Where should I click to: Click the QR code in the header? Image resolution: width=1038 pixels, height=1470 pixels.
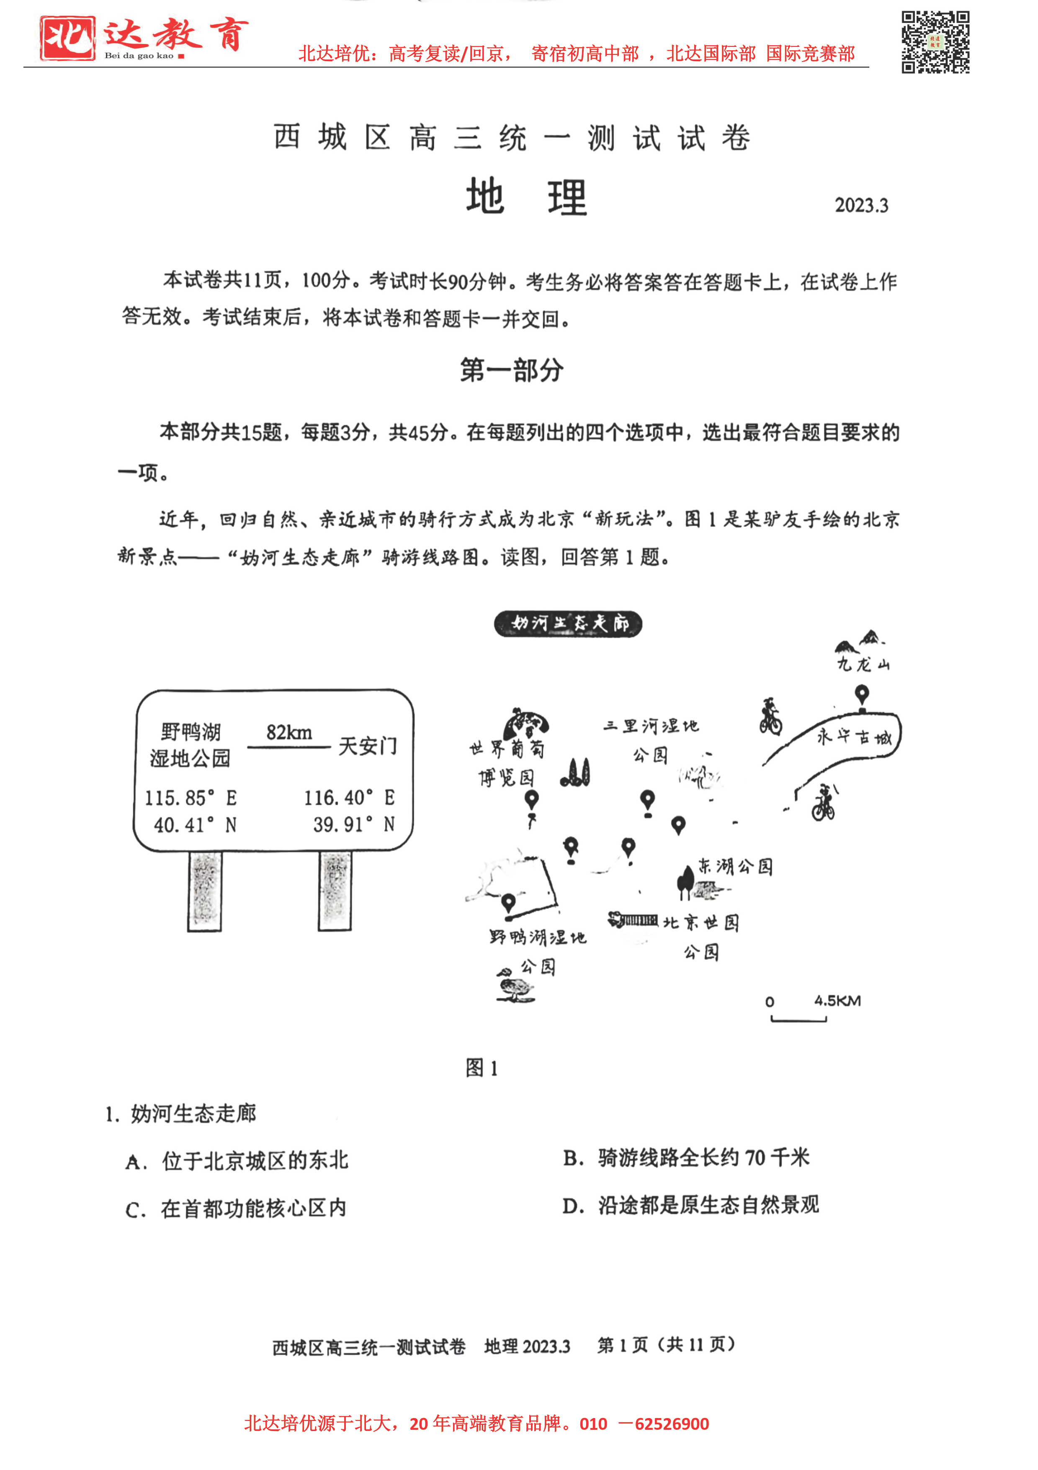coord(935,42)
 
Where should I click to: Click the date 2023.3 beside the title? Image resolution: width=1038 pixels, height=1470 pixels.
coord(861,206)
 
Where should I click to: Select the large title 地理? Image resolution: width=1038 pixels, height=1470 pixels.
coord(525,197)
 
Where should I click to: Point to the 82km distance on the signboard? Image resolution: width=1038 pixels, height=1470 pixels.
coord(289,732)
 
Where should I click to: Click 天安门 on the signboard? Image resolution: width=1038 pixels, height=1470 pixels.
coord(367,746)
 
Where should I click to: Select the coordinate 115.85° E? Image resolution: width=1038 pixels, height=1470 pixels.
coord(191,798)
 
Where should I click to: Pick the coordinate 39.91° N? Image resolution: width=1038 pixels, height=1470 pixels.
coord(353,824)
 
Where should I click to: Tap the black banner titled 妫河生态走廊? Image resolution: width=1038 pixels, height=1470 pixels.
coord(568,624)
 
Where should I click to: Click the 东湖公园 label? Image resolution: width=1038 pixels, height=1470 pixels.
coord(735,867)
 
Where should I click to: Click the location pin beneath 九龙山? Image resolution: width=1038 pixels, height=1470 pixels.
coord(862,695)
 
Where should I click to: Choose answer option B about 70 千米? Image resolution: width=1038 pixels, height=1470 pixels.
coord(686,1157)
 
